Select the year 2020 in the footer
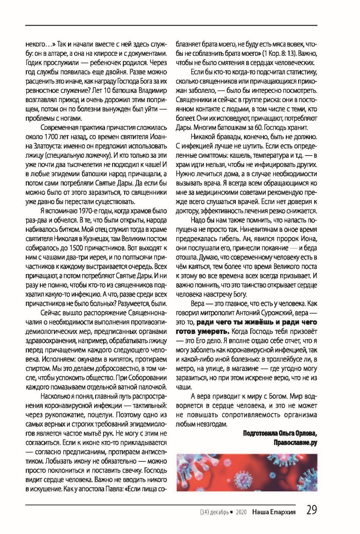(238, 512)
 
